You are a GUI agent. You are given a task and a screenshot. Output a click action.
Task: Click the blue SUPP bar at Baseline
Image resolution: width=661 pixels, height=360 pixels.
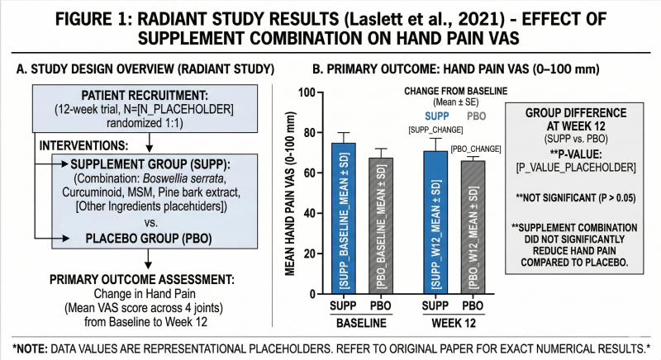pyautogui.click(x=343, y=218)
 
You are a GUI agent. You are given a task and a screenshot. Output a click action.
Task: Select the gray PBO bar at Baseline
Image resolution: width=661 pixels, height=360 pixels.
pyautogui.click(x=381, y=225)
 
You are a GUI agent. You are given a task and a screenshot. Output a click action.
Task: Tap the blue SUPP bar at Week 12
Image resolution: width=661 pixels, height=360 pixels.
pyautogui.click(x=435, y=222)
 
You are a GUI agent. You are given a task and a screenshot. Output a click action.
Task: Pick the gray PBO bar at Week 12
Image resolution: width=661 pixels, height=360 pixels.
pyautogui.click(x=473, y=227)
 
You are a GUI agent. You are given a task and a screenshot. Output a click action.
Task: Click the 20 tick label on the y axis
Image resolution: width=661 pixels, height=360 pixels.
pyautogui.click(x=311, y=253)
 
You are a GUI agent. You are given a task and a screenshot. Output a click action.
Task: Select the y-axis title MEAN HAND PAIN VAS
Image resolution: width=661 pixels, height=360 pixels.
pyautogui.click(x=290, y=194)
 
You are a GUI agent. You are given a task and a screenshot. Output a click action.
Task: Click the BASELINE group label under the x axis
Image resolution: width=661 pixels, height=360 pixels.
pyautogui.click(x=361, y=324)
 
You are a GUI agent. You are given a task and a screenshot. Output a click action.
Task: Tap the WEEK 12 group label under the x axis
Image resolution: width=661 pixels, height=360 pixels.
pyautogui.click(x=454, y=324)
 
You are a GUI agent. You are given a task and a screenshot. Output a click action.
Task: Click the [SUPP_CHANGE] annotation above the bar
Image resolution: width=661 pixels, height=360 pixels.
pyautogui.click(x=435, y=130)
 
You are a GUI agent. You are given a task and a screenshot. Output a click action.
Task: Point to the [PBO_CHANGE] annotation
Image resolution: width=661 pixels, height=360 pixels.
pyautogui.click(x=476, y=149)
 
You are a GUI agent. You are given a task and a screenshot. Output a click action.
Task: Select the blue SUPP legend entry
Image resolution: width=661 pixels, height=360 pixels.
pyautogui.click(x=437, y=116)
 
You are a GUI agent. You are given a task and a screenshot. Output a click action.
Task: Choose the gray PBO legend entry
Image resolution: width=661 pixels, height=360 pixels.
pyautogui.click(x=477, y=116)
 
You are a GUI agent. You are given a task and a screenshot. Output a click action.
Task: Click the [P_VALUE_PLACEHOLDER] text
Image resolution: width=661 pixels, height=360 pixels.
pyautogui.click(x=576, y=168)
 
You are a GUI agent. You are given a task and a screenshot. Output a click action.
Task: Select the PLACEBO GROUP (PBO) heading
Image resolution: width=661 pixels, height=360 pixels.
pyautogui.click(x=149, y=239)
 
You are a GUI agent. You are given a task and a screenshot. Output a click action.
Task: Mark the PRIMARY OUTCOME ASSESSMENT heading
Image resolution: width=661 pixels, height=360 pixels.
pyautogui.click(x=142, y=280)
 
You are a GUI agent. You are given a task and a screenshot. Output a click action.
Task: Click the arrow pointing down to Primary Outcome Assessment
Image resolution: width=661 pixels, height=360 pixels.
pyautogui.click(x=148, y=259)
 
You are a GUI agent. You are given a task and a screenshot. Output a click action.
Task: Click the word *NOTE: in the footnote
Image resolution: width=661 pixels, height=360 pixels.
pyautogui.click(x=30, y=349)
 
